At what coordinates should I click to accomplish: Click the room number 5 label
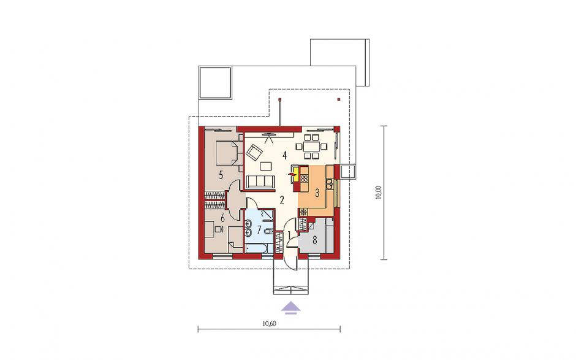(x=221, y=175)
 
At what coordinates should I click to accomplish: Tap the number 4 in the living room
(x=284, y=156)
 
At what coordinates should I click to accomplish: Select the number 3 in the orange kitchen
(x=317, y=194)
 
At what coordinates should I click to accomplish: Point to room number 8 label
(x=314, y=240)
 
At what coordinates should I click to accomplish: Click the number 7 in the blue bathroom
(x=259, y=230)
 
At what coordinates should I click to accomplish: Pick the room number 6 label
(x=222, y=218)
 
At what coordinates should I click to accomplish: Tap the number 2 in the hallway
(x=282, y=200)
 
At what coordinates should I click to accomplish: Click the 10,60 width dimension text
(x=269, y=324)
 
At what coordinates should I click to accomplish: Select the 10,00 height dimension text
(x=379, y=193)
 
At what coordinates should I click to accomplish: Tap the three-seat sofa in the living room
(x=260, y=182)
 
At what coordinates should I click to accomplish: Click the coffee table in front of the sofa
(x=265, y=166)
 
